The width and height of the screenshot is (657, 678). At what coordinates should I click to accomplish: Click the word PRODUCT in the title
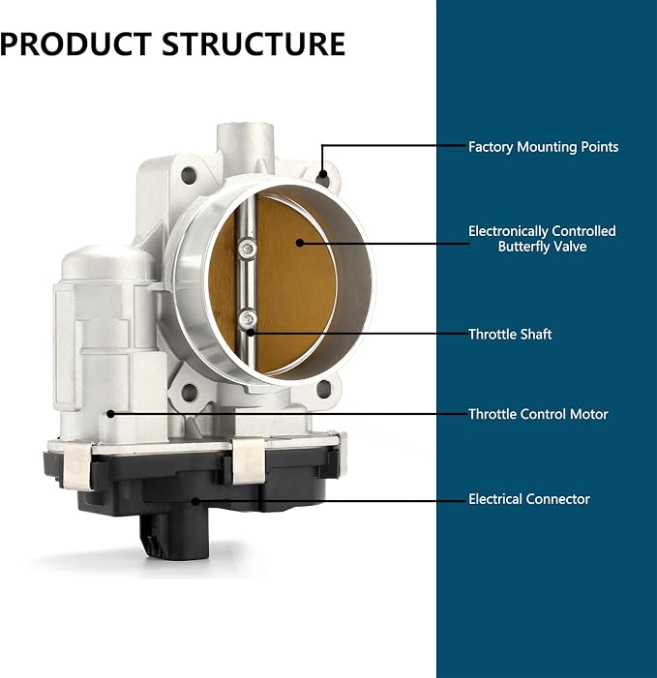75,44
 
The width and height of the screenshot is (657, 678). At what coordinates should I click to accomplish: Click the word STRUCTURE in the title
254,44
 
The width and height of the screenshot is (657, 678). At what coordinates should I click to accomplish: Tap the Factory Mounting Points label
543,147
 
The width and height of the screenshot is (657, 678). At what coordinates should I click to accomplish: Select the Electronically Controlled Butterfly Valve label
542,239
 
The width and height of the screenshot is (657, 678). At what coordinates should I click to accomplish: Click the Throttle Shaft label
510,335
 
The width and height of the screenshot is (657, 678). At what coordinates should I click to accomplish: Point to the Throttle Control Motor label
538,414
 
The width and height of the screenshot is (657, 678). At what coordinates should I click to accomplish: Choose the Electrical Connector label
529,499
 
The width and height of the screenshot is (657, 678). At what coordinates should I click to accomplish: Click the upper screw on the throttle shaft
247,249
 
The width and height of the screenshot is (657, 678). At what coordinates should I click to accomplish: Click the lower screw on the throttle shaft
248,319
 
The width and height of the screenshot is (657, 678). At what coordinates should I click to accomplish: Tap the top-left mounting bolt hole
189,175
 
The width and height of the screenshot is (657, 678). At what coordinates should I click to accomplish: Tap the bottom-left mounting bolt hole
190,392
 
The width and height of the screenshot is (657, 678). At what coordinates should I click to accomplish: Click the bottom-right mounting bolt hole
324,389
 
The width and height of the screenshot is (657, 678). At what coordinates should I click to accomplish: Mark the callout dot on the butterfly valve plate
299,243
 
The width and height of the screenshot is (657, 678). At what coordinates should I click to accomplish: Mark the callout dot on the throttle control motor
110,414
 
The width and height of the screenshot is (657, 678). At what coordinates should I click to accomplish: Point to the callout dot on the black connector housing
195,502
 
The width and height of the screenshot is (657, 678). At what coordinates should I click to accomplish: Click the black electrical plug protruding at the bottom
174,536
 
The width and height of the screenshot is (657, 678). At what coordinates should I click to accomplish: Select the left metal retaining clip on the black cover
77,466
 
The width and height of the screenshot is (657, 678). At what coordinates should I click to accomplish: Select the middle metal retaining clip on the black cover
249,459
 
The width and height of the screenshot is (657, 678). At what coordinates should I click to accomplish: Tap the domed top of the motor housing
108,262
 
